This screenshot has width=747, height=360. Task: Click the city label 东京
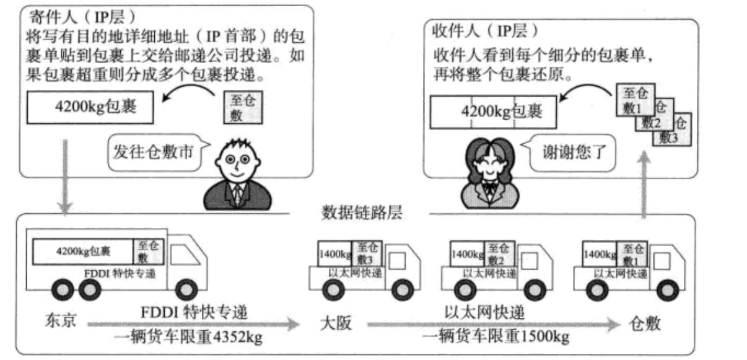(x=61, y=323)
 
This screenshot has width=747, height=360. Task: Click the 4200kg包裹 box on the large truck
(x=83, y=252)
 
